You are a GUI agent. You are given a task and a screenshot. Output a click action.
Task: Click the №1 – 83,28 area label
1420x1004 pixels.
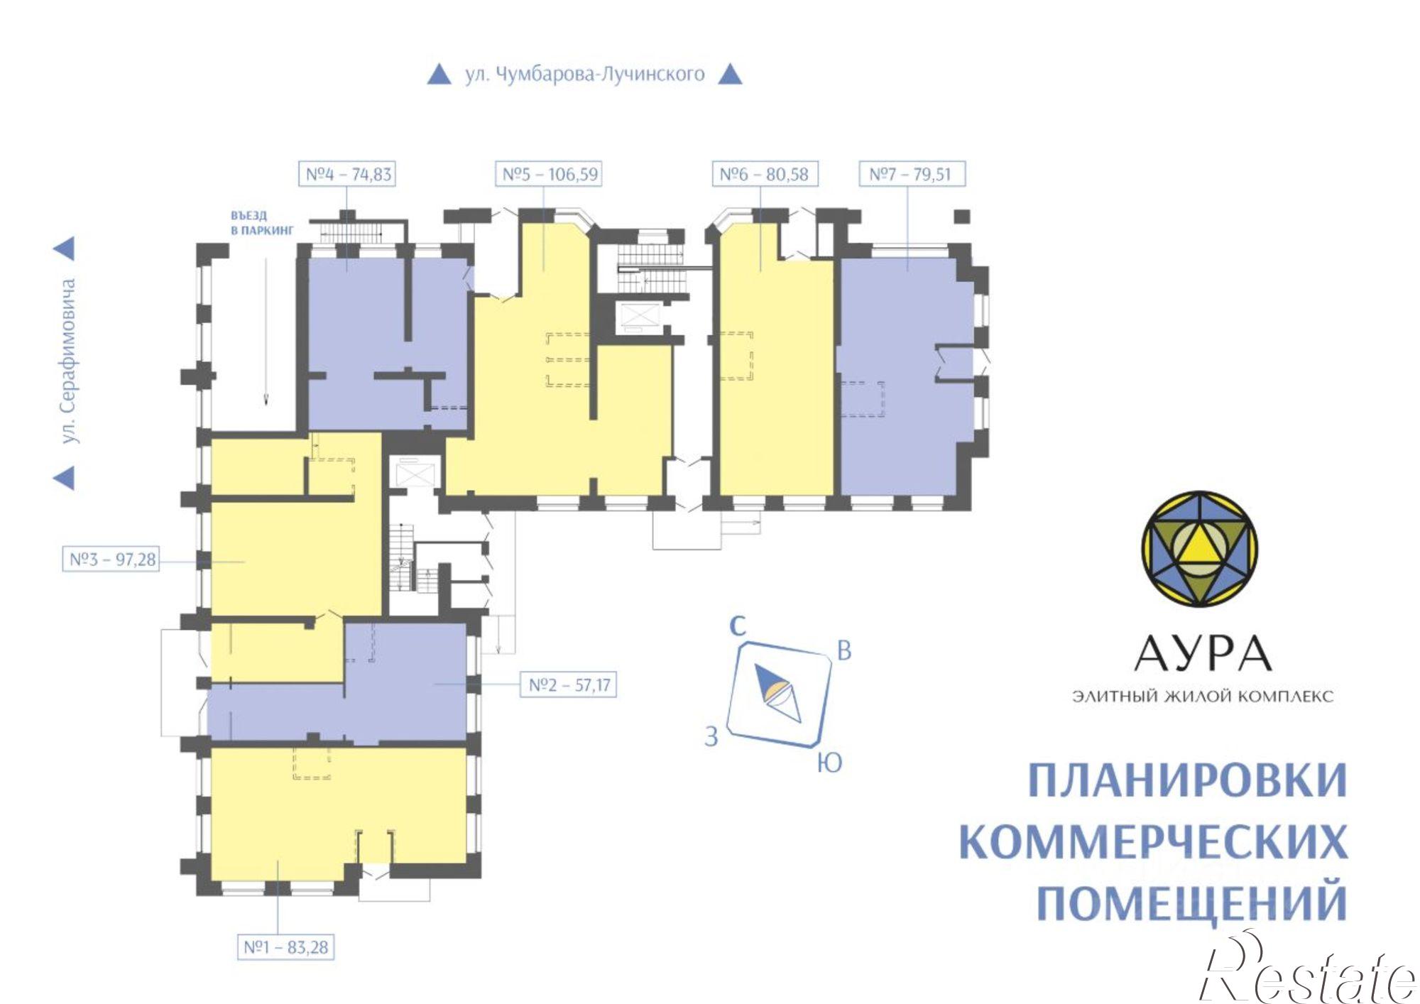(x=286, y=947)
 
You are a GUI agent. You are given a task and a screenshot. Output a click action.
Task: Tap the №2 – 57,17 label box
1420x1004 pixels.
(x=569, y=685)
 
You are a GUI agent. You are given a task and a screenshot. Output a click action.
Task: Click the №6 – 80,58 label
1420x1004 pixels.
(x=764, y=174)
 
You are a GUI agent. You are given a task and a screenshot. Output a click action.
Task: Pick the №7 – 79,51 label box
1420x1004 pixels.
(x=910, y=174)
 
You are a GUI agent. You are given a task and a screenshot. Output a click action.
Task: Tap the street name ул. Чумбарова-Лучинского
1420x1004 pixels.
(x=584, y=74)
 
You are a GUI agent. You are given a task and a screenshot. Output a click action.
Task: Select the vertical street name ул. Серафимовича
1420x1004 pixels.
(x=68, y=361)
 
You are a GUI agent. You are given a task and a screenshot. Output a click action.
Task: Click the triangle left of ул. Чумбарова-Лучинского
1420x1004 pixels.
(x=439, y=75)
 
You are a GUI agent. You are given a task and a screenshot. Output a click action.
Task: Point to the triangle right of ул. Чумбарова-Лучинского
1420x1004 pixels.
(x=730, y=75)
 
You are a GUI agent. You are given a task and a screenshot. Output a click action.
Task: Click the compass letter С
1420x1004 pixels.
(x=738, y=626)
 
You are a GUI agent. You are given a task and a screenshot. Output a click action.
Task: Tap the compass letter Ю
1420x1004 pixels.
(x=829, y=763)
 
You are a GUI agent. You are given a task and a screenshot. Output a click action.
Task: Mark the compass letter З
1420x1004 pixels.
(x=711, y=736)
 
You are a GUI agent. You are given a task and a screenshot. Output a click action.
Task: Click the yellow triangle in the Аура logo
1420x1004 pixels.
(x=1200, y=546)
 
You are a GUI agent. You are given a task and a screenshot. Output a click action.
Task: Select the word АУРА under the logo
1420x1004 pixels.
(x=1202, y=654)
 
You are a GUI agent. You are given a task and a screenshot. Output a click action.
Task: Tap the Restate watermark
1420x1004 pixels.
(x=1306, y=976)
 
